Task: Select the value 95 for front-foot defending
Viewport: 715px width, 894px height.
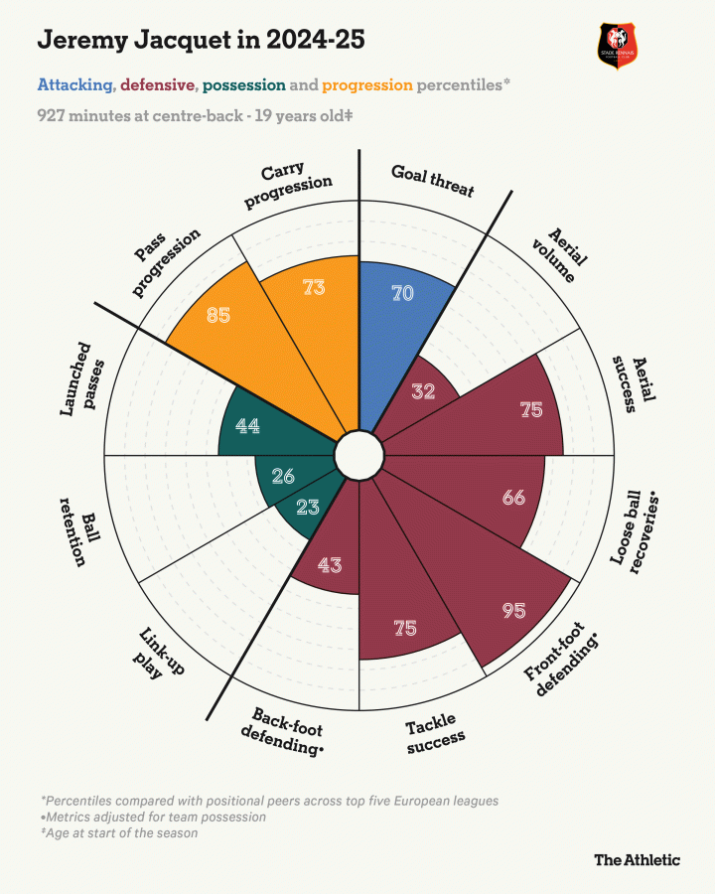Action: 513,610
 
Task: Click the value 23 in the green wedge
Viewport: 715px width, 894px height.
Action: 308,508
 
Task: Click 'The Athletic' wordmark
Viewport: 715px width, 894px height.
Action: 637,859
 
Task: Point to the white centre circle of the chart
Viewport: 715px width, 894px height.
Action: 358,456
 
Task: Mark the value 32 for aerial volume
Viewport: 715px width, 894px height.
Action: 423,390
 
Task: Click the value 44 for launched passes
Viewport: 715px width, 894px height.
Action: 248,425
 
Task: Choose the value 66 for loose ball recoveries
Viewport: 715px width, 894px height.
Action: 512,498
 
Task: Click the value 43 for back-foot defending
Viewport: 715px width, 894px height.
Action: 330,564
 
